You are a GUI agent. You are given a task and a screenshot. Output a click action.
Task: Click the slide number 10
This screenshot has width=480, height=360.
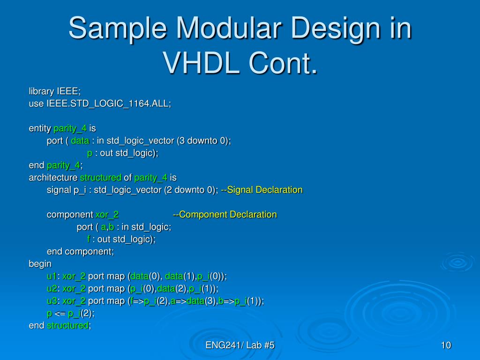pos(446,345)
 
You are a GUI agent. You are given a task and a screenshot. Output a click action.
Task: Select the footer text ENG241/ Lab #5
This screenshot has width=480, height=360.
pos(240,345)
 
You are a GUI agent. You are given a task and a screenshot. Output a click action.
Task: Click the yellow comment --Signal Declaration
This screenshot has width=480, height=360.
pos(262,190)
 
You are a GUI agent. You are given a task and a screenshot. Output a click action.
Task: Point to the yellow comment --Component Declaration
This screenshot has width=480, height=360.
pos(225,214)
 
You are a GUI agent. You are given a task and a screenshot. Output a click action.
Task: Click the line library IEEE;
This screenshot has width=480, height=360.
pos(55,91)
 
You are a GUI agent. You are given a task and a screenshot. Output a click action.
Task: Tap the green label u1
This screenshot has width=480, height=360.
pos(52,276)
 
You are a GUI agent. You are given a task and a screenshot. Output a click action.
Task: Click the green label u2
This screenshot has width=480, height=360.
pos(52,288)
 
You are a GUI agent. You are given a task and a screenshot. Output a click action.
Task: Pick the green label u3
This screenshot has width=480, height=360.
pos(52,301)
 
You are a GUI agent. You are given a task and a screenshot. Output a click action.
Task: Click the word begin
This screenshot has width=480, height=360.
pos(40,264)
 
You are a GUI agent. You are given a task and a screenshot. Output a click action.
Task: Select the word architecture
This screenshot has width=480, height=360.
pos(53,178)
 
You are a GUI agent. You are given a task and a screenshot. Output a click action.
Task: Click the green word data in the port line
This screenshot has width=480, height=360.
pos(80,141)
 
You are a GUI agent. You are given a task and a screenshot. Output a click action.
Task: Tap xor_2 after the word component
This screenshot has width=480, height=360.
pos(107,215)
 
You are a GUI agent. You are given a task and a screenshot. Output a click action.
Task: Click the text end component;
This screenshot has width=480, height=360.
pos(80,252)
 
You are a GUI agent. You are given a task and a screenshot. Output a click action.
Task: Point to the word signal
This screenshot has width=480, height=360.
pos(59,190)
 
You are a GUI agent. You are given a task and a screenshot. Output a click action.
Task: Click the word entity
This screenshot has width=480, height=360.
pos(40,128)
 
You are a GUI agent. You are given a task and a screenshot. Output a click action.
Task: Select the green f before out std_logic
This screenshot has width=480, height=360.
pos(89,239)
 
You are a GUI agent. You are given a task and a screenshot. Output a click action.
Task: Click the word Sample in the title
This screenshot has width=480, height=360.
pos(118,29)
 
